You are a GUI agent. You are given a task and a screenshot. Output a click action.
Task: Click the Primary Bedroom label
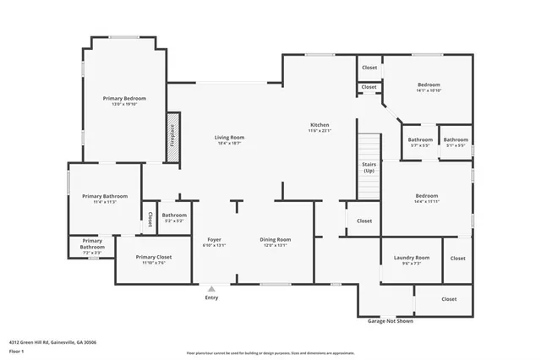[x=124, y=99]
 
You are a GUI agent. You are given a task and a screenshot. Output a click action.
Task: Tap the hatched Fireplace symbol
[x=172, y=133]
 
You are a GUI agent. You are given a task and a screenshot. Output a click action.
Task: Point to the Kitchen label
[x=319, y=125]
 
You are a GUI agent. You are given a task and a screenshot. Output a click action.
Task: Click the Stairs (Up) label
[x=369, y=166]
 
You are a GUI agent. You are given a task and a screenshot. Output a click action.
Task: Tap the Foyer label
[x=214, y=240]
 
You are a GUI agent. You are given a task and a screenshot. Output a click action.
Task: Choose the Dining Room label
[x=275, y=240]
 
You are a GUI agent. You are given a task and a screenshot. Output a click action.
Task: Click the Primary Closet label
[x=153, y=256]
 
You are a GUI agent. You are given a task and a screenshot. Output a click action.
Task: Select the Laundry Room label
[x=412, y=257]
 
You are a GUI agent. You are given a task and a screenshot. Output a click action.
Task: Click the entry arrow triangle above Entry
[x=211, y=288]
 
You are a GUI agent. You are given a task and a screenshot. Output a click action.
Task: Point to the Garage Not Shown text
[x=391, y=321]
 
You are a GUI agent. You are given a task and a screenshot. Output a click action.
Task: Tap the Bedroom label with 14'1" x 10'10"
[x=429, y=85]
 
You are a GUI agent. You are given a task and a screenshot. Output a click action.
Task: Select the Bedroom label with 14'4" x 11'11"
[x=426, y=196]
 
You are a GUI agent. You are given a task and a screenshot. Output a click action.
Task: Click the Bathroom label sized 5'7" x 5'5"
[x=420, y=139]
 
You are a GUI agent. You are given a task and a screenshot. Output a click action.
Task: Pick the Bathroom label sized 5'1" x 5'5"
[x=456, y=139]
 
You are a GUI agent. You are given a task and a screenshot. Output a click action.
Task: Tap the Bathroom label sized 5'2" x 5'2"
[x=174, y=215]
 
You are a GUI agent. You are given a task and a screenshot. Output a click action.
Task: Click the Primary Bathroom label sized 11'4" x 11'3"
[x=104, y=196]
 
